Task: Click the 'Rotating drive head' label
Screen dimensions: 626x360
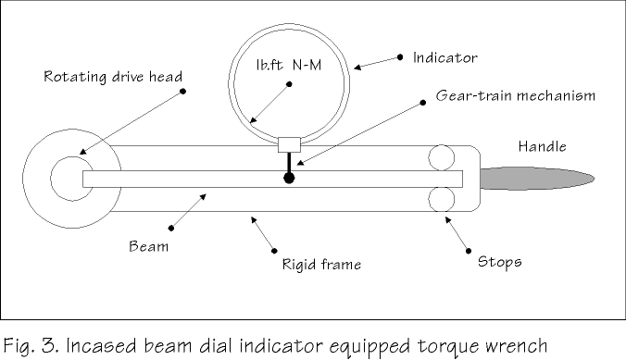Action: click(113, 77)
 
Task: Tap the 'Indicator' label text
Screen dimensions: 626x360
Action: click(445, 58)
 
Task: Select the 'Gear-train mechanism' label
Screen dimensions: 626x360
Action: click(516, 96)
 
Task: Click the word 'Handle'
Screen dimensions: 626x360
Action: click(542, 146)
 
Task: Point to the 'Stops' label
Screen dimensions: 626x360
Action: click(500, 262)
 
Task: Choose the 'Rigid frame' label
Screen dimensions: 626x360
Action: click(321, 265)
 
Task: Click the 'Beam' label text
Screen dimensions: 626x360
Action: click(148, 246)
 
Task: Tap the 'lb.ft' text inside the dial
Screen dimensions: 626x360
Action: click(269, 65)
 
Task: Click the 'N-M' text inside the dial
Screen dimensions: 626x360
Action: click(307, 65)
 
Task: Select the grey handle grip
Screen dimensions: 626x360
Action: click(537, 179)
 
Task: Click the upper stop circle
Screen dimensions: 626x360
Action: click(441, 157)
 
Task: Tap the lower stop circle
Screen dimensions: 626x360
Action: click(441, 199)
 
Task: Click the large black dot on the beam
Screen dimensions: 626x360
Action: click(289, 178)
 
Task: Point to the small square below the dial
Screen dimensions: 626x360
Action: click(289, 145)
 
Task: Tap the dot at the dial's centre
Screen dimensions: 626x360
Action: click(290, 84)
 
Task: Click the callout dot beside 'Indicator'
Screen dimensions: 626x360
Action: click(400, 57)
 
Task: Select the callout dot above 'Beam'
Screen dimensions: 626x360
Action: click(171, 229)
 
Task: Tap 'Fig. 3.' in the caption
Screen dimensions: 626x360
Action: click(31, 345)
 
